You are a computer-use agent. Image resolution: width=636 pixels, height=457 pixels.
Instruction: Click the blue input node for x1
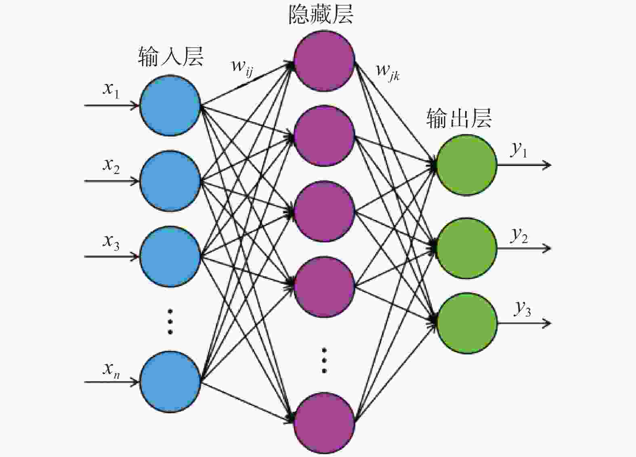[170, 105]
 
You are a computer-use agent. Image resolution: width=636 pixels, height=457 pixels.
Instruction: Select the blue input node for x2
[170, 181]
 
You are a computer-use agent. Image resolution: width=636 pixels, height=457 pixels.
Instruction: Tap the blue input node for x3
[170, 256]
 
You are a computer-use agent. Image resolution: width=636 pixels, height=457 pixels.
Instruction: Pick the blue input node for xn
[170, 382]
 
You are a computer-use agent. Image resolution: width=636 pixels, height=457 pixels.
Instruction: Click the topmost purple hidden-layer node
[324, 61]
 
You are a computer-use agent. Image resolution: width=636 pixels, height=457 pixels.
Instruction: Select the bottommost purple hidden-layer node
[324, 423]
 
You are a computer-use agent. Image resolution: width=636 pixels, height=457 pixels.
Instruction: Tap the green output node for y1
[466, 165]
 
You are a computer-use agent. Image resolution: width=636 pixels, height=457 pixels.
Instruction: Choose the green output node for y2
[466, 248]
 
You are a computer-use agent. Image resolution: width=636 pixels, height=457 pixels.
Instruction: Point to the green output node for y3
[466, 323]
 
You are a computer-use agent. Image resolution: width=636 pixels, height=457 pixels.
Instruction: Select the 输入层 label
[171, 57]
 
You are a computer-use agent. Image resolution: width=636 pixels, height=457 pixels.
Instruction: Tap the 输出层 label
[459, 118]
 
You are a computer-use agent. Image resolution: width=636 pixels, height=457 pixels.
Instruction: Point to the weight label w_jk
[388, 73]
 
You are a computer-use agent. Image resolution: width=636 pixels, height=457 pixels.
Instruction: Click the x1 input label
[111, 90]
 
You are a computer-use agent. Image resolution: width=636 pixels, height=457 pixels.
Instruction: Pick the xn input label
[111, 370]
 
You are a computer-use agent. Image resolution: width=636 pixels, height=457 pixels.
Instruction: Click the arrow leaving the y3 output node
[524, 323]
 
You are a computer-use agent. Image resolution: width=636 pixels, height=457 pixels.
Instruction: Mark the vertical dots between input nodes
[170, 321]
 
